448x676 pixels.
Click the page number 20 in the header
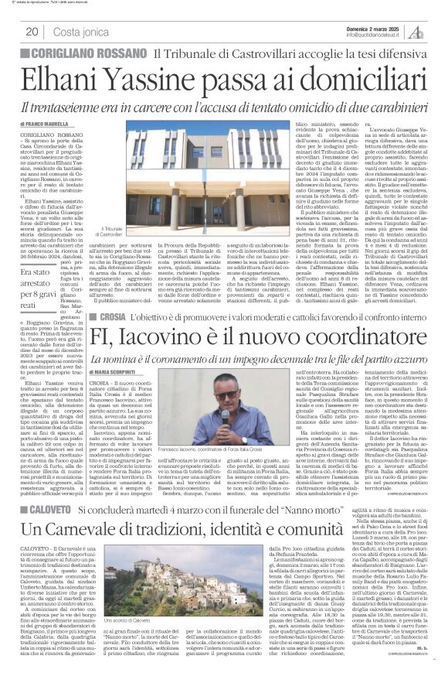click(32, 32)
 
